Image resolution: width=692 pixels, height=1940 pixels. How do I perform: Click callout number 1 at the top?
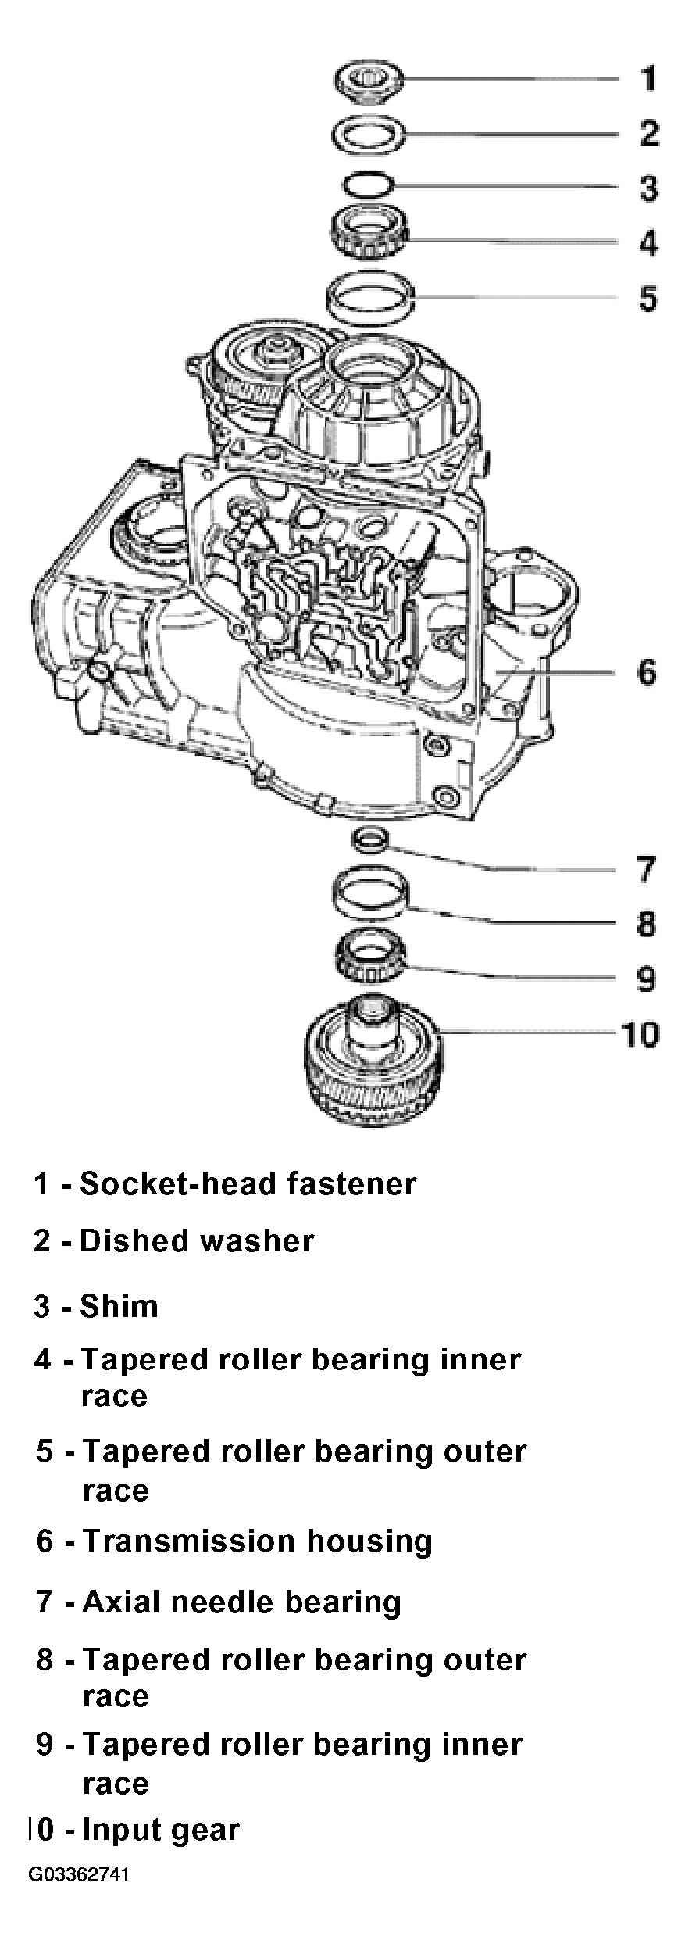[648, 78]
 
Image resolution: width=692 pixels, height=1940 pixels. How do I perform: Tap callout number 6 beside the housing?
[647, 672]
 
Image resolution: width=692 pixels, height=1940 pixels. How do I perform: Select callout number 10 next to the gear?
[640, 1034]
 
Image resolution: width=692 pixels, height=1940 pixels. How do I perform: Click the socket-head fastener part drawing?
[369, 81]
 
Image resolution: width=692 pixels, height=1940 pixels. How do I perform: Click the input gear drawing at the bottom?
[373, 1059]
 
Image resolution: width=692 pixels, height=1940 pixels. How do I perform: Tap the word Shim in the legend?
[119, 1306]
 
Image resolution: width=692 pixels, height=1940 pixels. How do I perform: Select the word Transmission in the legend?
[189, 1541]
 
